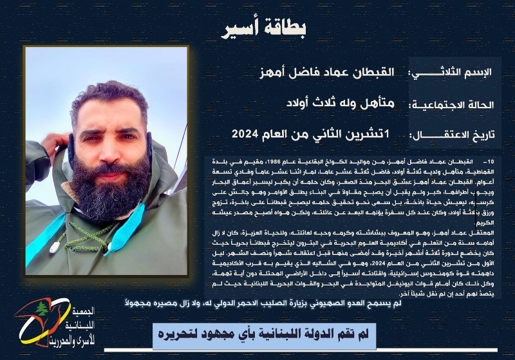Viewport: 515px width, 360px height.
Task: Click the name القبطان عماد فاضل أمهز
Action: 334,71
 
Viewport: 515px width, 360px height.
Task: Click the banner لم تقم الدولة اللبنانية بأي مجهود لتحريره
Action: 264,336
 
